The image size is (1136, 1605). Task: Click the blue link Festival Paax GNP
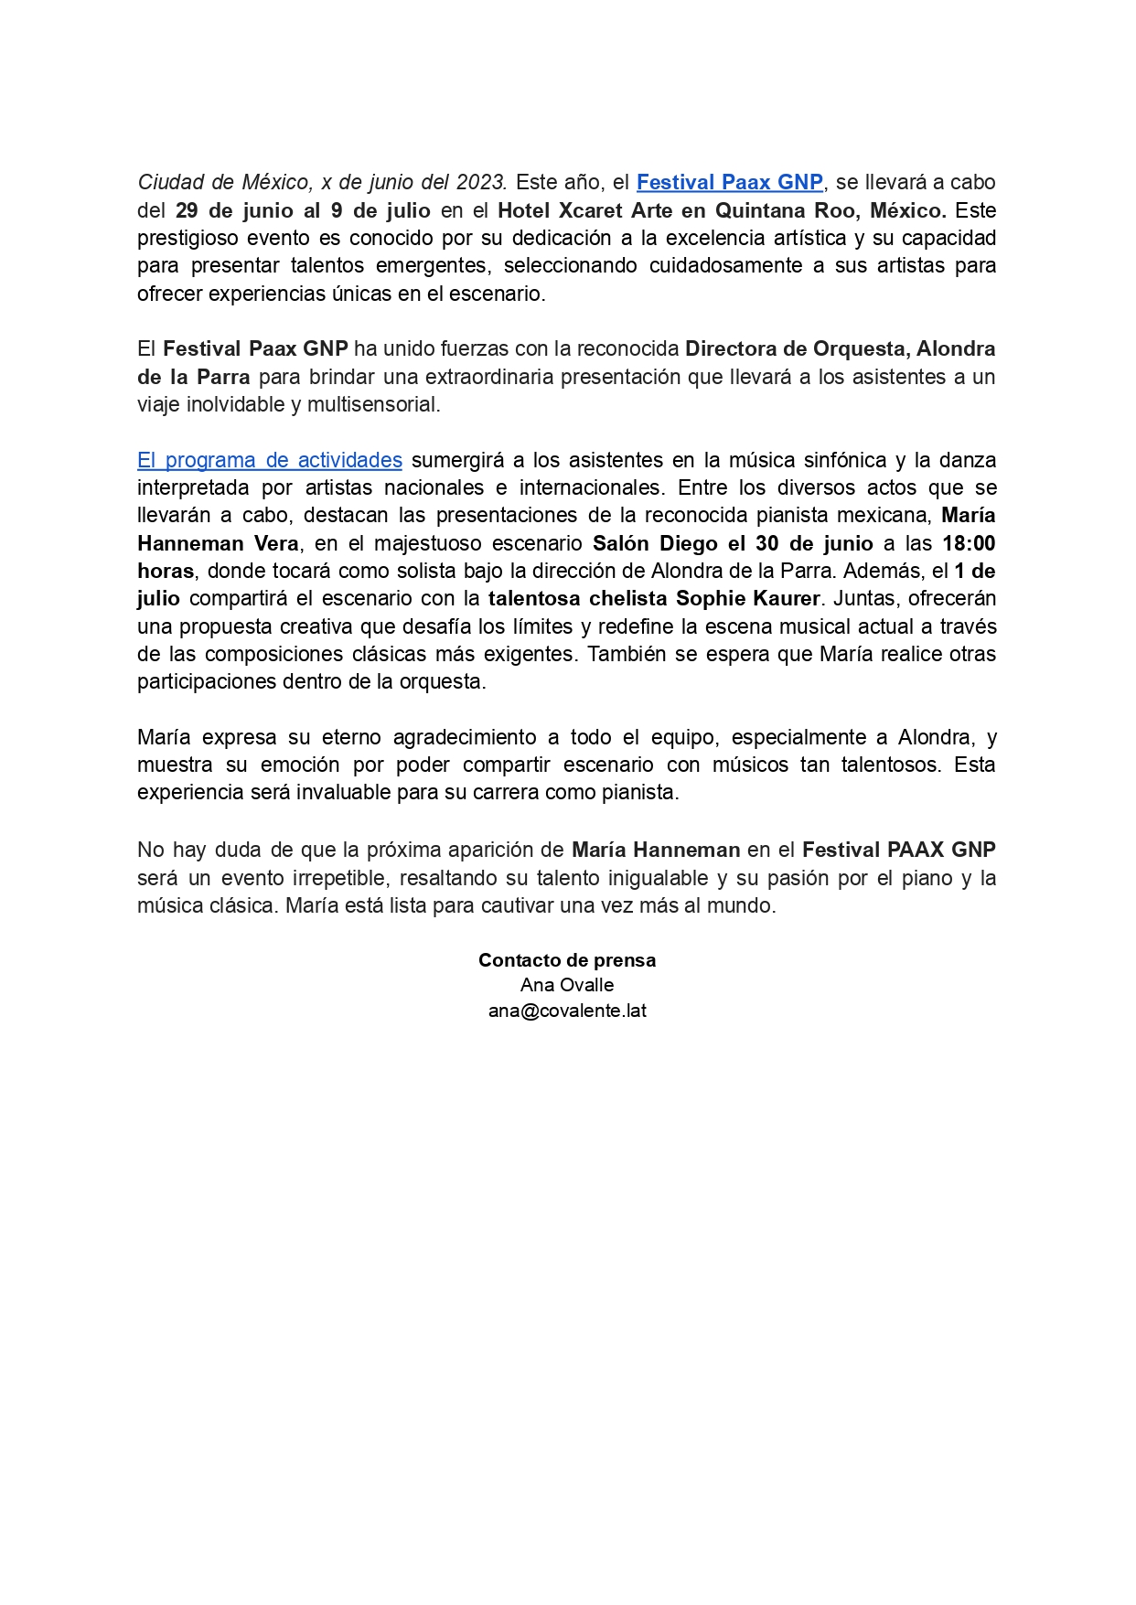(729, 183)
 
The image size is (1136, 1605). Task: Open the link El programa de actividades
(270, 460)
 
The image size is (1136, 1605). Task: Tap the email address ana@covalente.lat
(567, 1011)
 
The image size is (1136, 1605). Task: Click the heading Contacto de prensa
(567, 960)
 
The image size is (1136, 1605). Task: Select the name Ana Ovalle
(567, 985)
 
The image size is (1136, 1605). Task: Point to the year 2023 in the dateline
(481, 183)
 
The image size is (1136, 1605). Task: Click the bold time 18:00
(969, 543)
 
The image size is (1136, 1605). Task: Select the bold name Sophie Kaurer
(747, 599)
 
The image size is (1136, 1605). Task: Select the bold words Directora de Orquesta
(795, 348)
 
